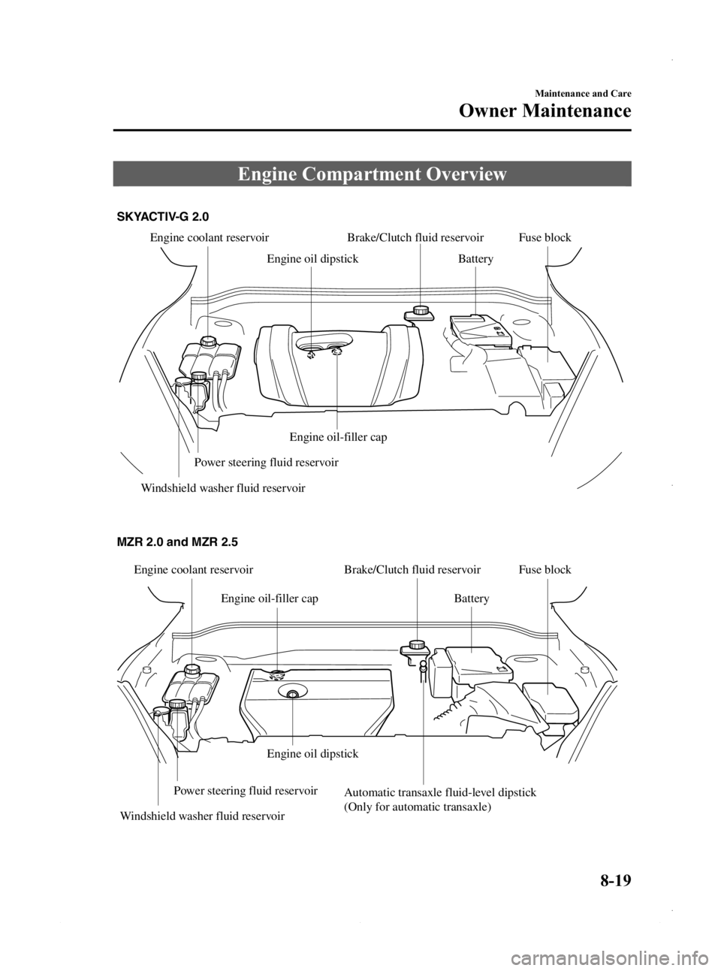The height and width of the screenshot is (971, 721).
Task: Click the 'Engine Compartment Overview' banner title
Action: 372,175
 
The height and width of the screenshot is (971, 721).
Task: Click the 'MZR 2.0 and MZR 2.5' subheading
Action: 177,543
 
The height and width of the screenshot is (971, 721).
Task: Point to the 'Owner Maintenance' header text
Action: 545,111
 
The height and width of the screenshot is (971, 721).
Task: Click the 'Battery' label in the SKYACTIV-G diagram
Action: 475,259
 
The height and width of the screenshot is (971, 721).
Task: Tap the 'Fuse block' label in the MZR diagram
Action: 545,569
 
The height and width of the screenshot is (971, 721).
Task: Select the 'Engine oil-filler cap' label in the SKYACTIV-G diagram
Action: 338,437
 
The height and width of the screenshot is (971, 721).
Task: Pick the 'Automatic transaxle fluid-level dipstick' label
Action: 440,793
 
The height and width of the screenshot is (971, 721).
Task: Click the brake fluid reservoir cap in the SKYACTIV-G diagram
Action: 420,309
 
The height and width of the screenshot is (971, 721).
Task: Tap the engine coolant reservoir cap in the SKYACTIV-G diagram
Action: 207,341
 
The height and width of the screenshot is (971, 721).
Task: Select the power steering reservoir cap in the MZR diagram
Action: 177,704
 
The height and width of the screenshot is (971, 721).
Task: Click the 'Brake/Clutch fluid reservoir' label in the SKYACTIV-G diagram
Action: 415,238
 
